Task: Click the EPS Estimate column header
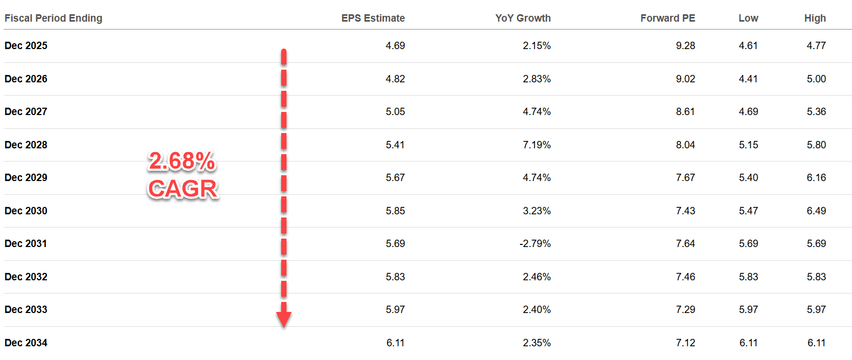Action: click(x=372, y=18)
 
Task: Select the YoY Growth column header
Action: click(x=522, y=18)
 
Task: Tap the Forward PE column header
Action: click(x=667, y=18)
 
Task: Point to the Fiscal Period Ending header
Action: click(x=53, y=18)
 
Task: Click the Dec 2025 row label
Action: click(x=26, y=46)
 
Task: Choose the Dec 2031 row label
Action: click(x=26, y=244)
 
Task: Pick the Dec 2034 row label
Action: click(x=26, y=343)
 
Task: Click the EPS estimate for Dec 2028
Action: click(x=395, y=145)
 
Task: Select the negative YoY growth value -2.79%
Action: click(x=535, y=244)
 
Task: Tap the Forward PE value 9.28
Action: click(x=685, y=46)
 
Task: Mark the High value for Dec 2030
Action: click(x=816, y=211)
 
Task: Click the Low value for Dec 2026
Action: click(x=748, y=79)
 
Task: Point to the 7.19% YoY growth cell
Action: click(x=537, y=145)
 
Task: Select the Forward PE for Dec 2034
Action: click(x=685, y=343)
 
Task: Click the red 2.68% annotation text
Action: click(x=182, y=162)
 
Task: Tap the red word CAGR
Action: click(x=183, y=189)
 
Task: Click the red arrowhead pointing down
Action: click(x=284, y=318)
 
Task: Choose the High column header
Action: click(x=815, y=18)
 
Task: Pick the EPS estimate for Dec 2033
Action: click(x=395, y=310)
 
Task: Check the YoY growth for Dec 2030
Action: click(x=537, y=211)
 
